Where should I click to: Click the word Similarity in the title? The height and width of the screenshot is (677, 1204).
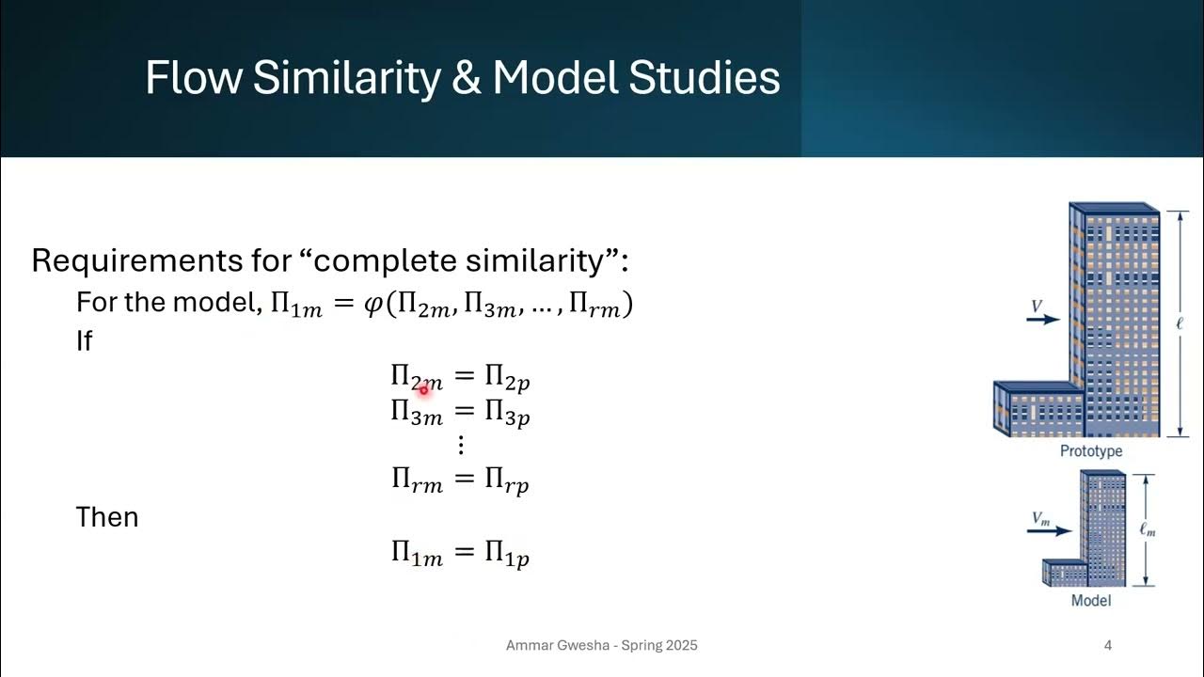point(345,79)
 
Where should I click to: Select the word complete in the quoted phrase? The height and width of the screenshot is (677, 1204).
point(389,260)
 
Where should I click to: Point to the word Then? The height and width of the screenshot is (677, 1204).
point(107,517)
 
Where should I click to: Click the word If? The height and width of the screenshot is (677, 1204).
point(84,340)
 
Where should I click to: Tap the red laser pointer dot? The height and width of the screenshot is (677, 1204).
point(423,388)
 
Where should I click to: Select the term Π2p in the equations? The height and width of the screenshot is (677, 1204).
point(507,378)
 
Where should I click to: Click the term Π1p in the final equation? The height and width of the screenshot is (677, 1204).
point(507,554)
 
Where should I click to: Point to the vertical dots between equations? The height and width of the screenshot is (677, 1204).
point(461,445)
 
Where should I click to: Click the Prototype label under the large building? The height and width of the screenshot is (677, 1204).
point(1091,451)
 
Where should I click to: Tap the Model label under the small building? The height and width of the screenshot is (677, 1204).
point(1091,600)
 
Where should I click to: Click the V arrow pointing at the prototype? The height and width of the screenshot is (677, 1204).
point(1042,320)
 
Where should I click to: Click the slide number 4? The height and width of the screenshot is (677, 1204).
point(1108,645)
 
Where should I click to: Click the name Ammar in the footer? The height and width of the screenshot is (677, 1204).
point(530,645)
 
